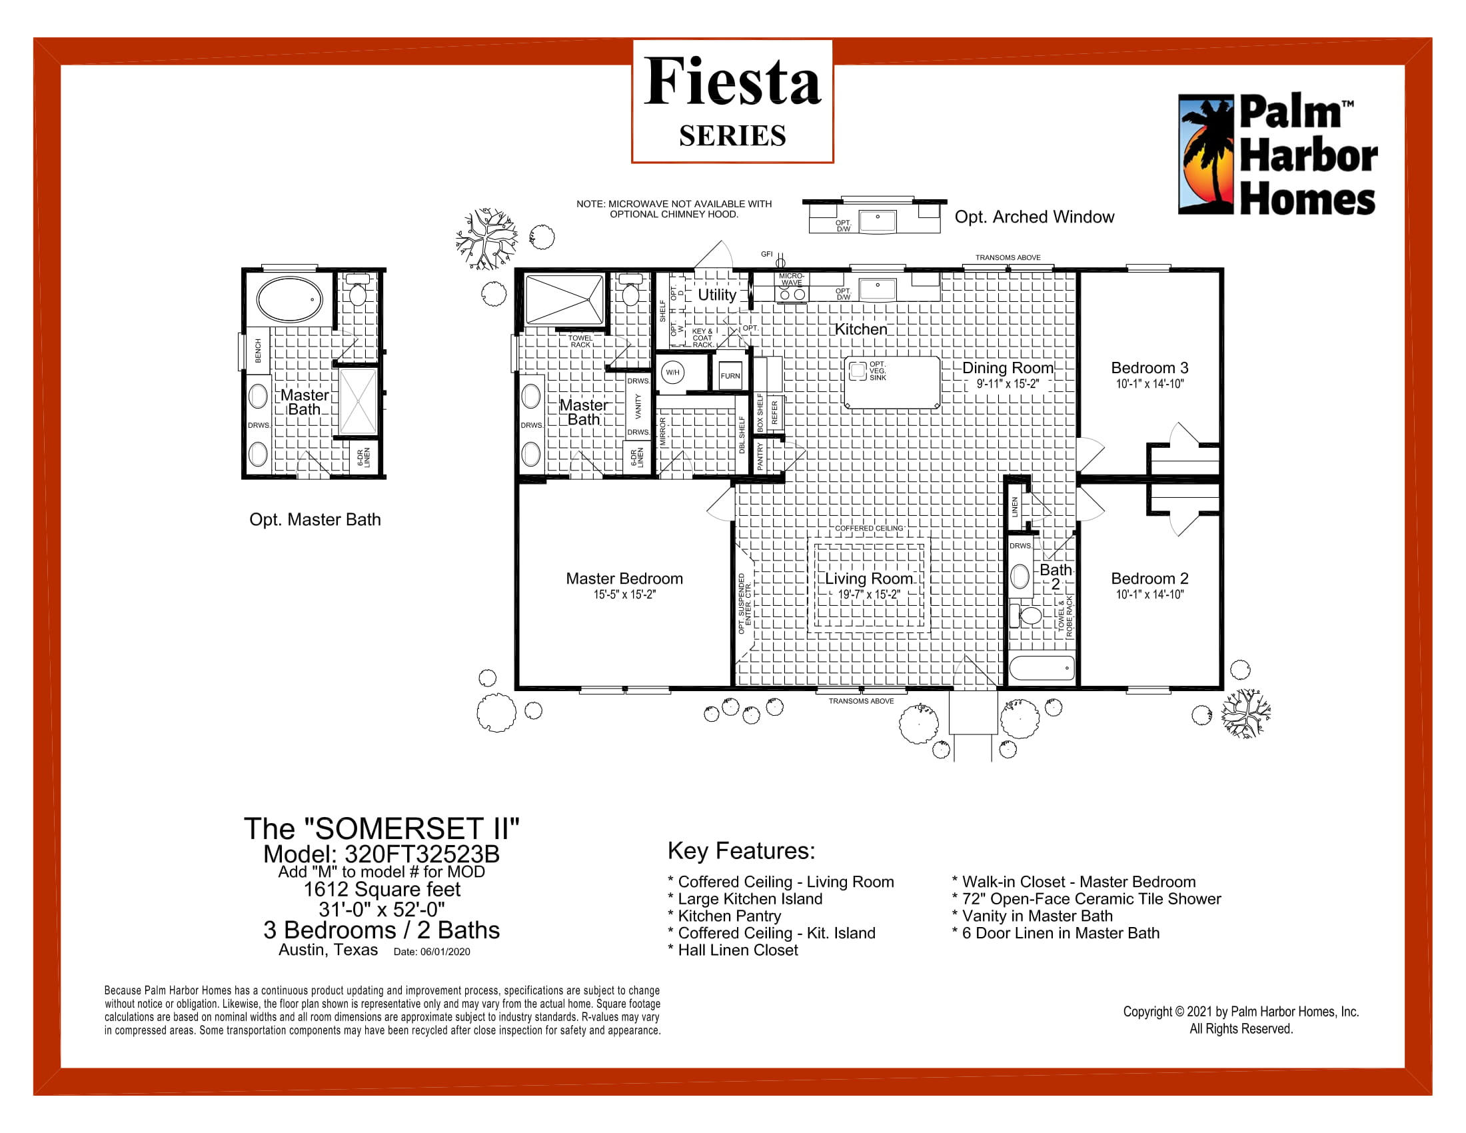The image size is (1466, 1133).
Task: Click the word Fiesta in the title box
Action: point(732,82)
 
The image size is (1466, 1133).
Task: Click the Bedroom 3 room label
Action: point(1149,368)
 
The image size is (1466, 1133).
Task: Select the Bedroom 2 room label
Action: point(1149,578)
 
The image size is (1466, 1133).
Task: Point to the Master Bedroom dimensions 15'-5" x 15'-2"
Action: point(624,594)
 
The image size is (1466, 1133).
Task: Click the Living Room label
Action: point(868,578)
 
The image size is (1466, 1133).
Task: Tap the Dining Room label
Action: point(1008,368)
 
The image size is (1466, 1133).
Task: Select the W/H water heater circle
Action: point(672,373)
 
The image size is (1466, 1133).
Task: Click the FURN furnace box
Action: point(730,376)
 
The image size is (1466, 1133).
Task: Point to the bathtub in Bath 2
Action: point(1042,668)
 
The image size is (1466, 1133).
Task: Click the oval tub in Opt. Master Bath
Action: point(290,299)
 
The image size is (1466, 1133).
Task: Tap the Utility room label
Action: point(717,295)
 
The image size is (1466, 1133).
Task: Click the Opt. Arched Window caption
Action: point(1034,217)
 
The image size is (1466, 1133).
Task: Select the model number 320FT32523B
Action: point(422,854)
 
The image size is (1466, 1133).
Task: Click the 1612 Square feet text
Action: point(381,889)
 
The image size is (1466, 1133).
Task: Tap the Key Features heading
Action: point(741,850)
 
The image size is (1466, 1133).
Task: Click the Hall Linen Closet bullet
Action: point(737,950)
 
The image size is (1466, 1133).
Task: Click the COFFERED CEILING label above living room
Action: point(868,529)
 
